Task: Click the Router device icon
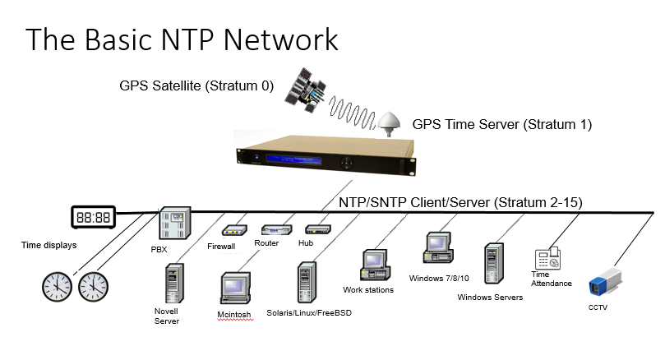(x=275, y=230)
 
